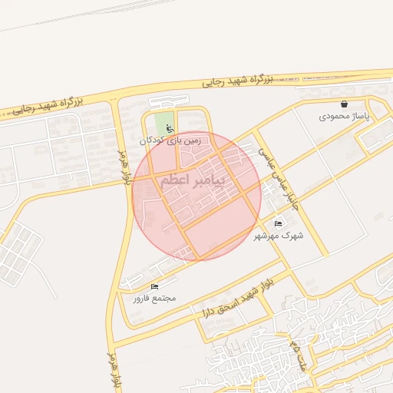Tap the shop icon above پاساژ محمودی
click(344, 104)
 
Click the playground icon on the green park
click(170, 130)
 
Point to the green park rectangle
click(163, 123)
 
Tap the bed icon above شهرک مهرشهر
click(278, 223)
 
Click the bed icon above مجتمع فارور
click(154, 286)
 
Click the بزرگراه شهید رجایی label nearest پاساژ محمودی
click(238, 79)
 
